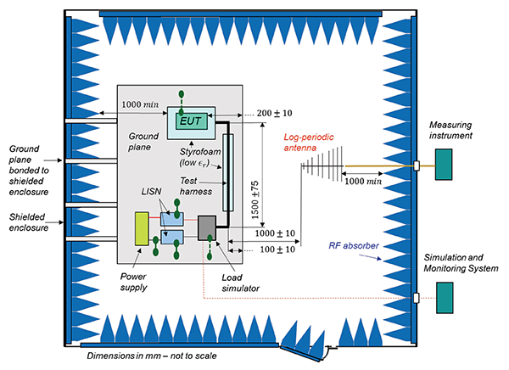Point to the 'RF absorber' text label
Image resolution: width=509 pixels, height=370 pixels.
tap(355, 247)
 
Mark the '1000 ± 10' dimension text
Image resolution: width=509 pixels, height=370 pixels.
tap(274, 233)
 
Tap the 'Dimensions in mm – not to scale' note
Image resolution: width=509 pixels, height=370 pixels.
tap(153, 355)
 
